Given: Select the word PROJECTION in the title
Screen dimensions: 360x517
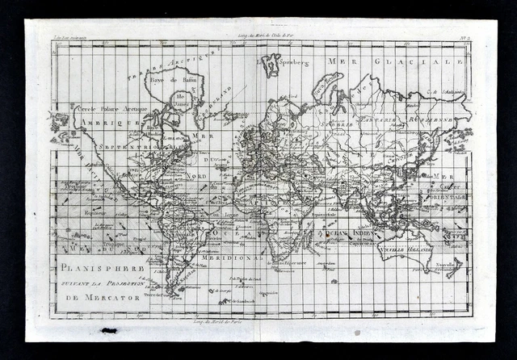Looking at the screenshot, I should coord(122,284).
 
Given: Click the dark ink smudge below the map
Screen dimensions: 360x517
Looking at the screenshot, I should coord(109,331).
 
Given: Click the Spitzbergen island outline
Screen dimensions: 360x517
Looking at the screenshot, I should coord(272,65).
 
